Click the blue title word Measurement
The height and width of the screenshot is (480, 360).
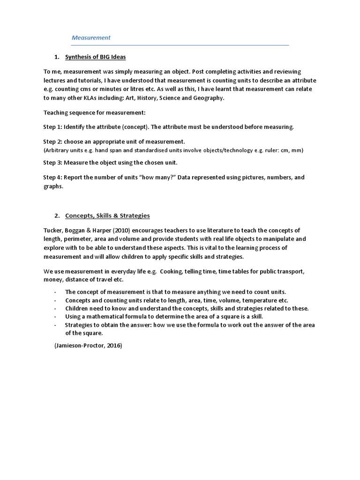click(91, 37)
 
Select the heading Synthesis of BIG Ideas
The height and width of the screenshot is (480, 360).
click(96, 57)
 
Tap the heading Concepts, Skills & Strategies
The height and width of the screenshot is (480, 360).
click(107, 216)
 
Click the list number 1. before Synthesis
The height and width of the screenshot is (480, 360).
click(57, 57)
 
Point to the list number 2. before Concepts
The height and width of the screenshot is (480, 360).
click(57, 216)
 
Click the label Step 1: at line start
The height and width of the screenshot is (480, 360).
click(52, 127)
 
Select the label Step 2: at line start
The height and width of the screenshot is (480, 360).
click(52, 141)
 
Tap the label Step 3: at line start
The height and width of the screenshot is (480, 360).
click(52, 163)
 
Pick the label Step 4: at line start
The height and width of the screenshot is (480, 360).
click(52, 178)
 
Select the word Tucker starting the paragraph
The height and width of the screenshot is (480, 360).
click(53, 230)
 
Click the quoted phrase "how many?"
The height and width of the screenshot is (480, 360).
click(154, 178)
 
